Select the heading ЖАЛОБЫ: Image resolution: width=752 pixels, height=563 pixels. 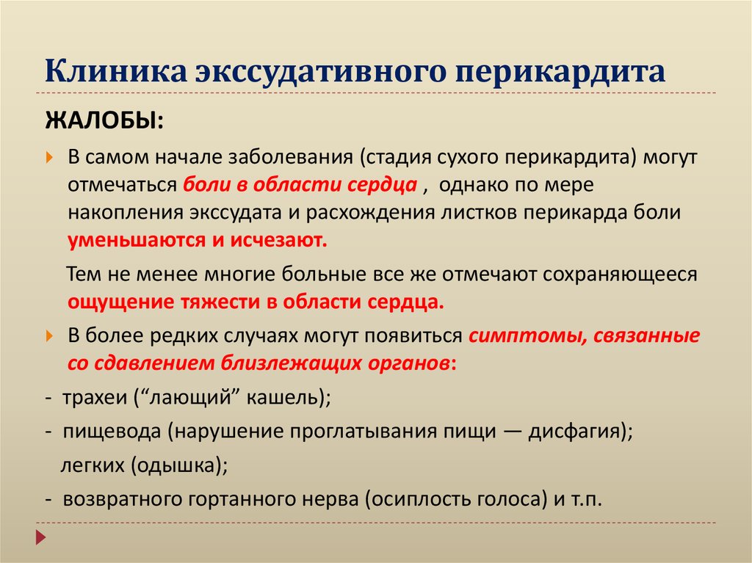tap(105, 118)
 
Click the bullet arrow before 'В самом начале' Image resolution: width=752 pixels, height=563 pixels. tap(49, 158)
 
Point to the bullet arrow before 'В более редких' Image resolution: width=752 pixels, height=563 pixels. tap(49, 336)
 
